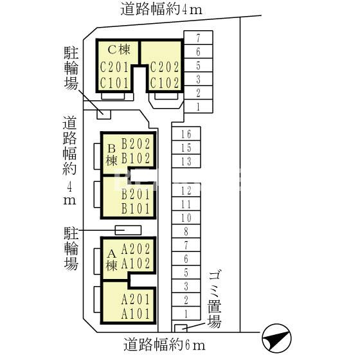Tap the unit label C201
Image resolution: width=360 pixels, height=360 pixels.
(114, 67)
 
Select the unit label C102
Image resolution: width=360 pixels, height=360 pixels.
(165, 83)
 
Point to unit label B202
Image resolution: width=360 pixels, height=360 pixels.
(136, 144)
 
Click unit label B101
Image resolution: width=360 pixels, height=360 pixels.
(136, 209)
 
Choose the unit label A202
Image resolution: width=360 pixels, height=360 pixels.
(136, 249)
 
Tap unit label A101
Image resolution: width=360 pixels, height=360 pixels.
(136, 314)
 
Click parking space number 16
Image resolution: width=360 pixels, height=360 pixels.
(186, 134)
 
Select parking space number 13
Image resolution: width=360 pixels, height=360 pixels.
(186, 161)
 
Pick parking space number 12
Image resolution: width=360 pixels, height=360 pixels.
(186, 191)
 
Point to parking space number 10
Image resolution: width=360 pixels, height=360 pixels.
(186, 218)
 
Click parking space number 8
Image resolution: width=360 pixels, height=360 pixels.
(186, 231)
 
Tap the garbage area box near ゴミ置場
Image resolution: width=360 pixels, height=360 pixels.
(181, 328)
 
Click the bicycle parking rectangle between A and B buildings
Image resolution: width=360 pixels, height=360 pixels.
(128, 230)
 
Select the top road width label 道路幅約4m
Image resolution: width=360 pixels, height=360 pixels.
(161, 10)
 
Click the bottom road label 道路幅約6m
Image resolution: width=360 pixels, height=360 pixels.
(165, 345)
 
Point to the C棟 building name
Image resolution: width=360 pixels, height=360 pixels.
(119, 49)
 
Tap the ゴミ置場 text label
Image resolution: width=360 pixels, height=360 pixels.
(215, 300)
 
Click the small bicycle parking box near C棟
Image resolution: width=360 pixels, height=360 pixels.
(104, 114)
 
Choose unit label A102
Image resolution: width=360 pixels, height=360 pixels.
(136, 264)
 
